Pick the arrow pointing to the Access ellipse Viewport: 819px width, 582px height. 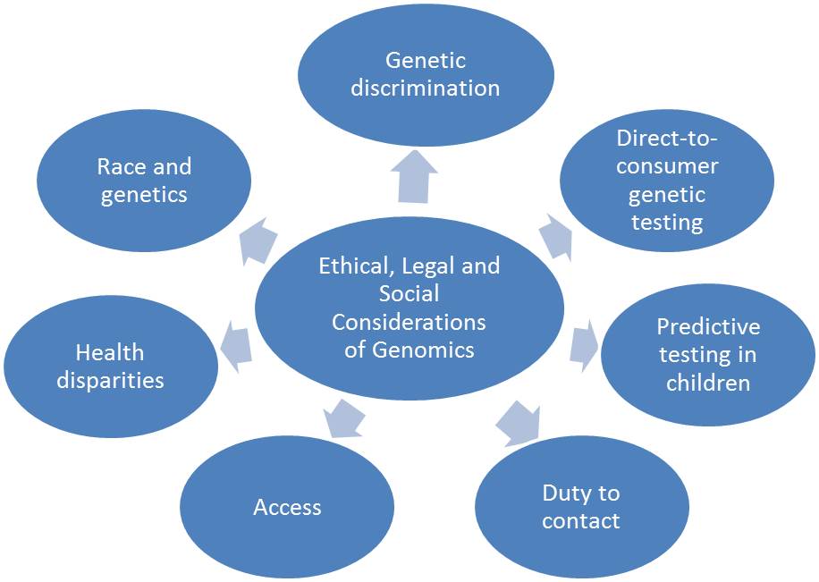[x=343, y=417]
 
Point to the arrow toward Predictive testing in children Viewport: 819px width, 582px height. [x=583, y=343]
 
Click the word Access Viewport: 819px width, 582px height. [x=287, y=507]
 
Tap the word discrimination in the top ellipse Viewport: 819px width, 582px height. [x=425, y=88]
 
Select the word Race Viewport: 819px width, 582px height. [x=120, y=166]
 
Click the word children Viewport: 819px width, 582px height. [x=708, y=383]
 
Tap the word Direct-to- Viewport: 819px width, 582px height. [x=667, y=139]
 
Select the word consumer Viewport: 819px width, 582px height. [x=667, y=166]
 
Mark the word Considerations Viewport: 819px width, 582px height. [x=409, y=322]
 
